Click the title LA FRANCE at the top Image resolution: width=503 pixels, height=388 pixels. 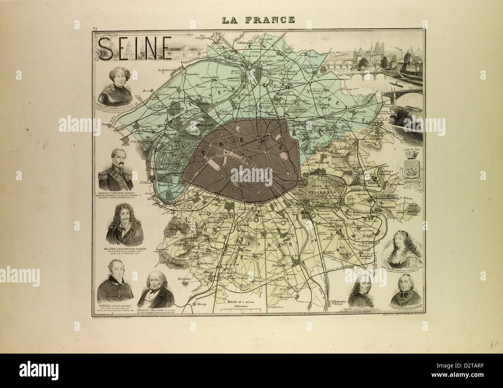pos(258,19)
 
